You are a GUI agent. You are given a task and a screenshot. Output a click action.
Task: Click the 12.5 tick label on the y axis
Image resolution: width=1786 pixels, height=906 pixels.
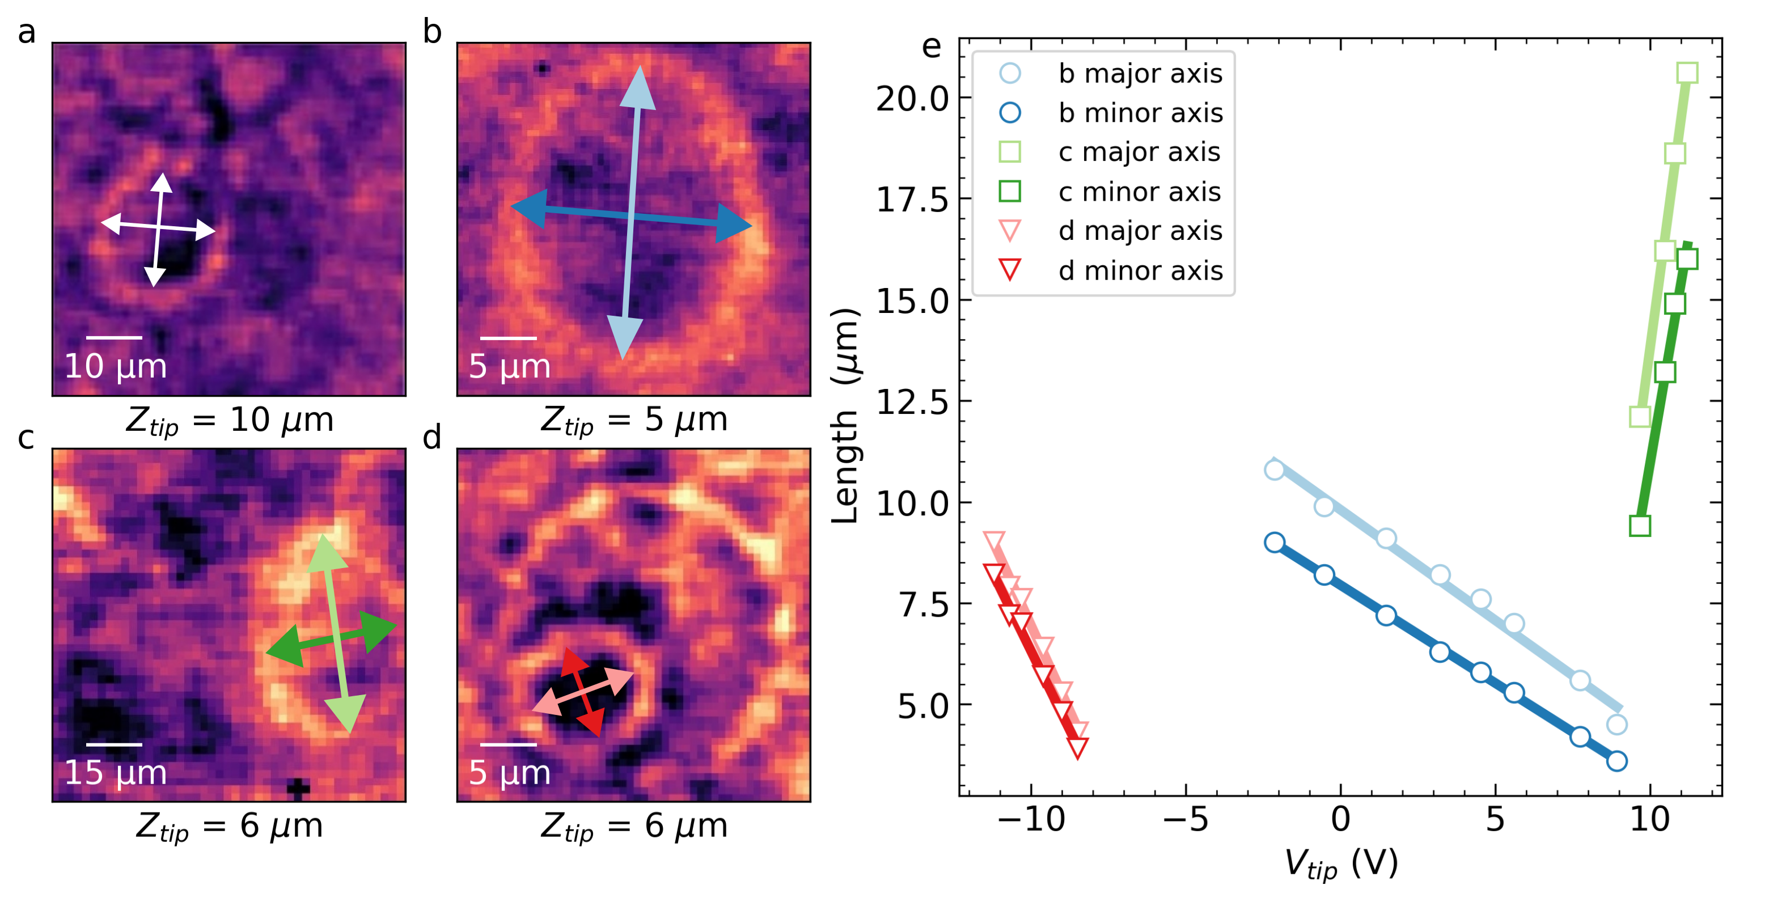912,401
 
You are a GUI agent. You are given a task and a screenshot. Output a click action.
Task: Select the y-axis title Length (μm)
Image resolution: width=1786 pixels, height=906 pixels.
845,416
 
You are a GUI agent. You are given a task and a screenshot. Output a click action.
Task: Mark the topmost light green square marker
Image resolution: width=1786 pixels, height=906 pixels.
1687,72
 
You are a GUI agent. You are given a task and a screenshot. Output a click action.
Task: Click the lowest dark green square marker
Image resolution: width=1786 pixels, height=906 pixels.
1640,526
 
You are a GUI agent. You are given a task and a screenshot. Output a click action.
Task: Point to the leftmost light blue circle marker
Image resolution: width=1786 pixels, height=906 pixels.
1275,470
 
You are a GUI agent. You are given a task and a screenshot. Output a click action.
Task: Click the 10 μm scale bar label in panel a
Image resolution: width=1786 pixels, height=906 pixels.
115,366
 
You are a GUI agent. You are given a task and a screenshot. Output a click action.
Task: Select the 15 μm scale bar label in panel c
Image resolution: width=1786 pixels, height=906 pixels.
115,772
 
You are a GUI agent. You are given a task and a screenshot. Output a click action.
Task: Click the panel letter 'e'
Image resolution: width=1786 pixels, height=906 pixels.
931,46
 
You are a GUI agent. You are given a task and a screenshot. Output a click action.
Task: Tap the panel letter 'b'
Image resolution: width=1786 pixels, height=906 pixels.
432,31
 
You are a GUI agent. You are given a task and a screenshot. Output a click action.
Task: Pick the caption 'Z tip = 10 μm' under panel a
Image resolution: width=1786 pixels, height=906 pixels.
230,420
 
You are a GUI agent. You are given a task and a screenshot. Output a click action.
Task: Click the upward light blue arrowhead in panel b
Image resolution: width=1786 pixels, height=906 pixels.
638,87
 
